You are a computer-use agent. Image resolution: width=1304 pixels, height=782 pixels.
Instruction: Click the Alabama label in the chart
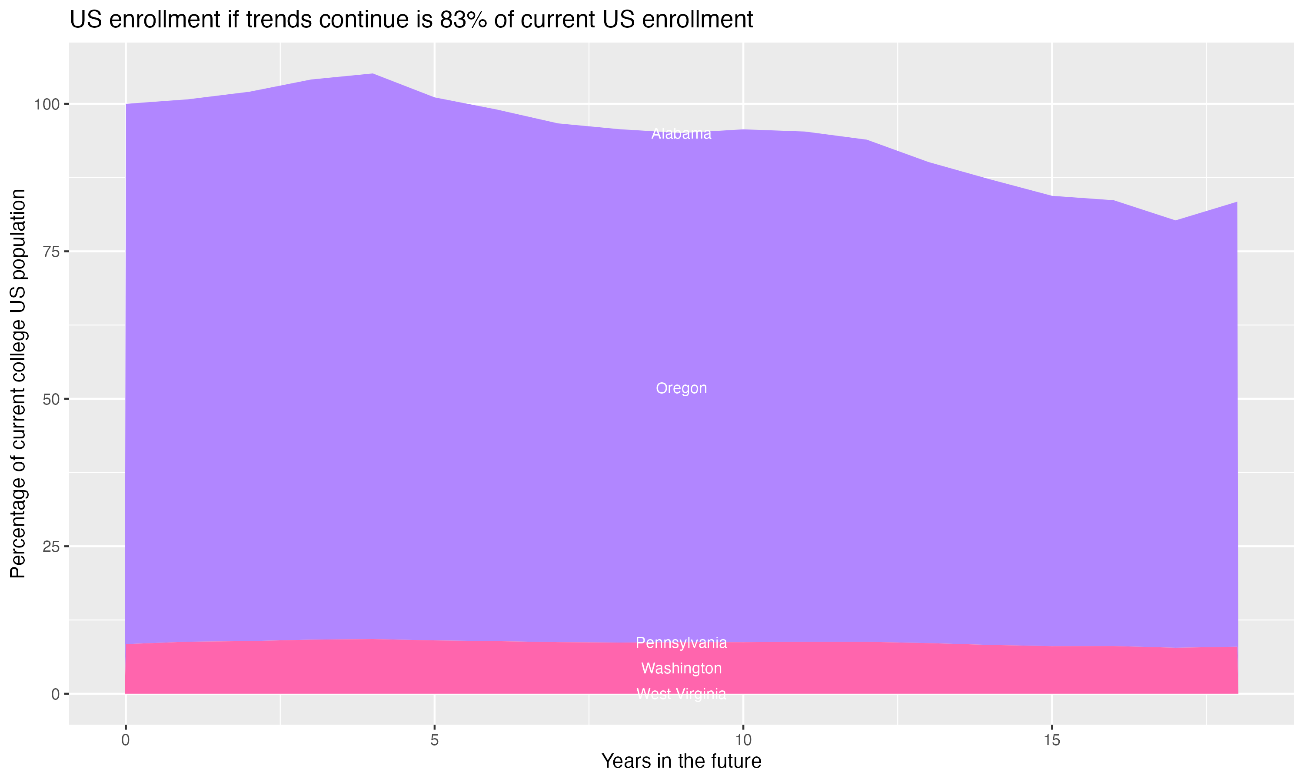point(681,134)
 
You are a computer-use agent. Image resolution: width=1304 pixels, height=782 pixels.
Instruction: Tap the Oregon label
point(681,388)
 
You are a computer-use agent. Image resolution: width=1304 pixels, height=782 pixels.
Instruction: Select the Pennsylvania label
point(681,643)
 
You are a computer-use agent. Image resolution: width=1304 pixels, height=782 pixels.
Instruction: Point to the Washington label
point(681,668)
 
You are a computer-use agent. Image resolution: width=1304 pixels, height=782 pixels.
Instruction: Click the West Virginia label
point(681,693)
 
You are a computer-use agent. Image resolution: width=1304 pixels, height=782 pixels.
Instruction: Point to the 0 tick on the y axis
point(55,694)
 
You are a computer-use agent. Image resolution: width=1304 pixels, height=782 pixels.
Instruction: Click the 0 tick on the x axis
point(126,740)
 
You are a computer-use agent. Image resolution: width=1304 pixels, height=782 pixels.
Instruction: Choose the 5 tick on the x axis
point(434,740)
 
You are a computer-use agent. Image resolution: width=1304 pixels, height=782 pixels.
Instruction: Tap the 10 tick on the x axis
point(743,740)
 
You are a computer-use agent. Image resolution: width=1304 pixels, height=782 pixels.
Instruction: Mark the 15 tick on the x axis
point(1052,740)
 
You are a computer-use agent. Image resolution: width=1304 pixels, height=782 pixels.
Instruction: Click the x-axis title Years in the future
point(681,761)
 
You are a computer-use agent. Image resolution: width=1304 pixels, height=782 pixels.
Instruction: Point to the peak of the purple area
point(373,74)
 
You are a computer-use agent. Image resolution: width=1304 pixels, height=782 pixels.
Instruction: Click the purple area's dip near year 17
point(1175,221)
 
